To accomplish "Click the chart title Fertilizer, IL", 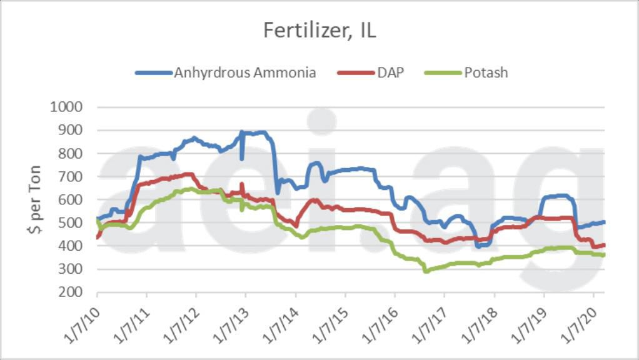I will (x=319, y=31).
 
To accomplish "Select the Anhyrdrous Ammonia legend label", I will (x=245, y=72).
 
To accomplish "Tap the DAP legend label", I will (x=390, y=72).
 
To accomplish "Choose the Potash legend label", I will (x=486, y=72).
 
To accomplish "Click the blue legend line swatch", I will (x=153, y=72).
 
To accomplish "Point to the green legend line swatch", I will (x=443, y=72).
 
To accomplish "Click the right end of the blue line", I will (x=604, y=222).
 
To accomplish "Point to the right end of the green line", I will (x=604, y=255).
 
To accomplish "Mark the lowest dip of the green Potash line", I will (x=426, y=271).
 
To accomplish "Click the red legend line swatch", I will (x=356, y=72).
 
